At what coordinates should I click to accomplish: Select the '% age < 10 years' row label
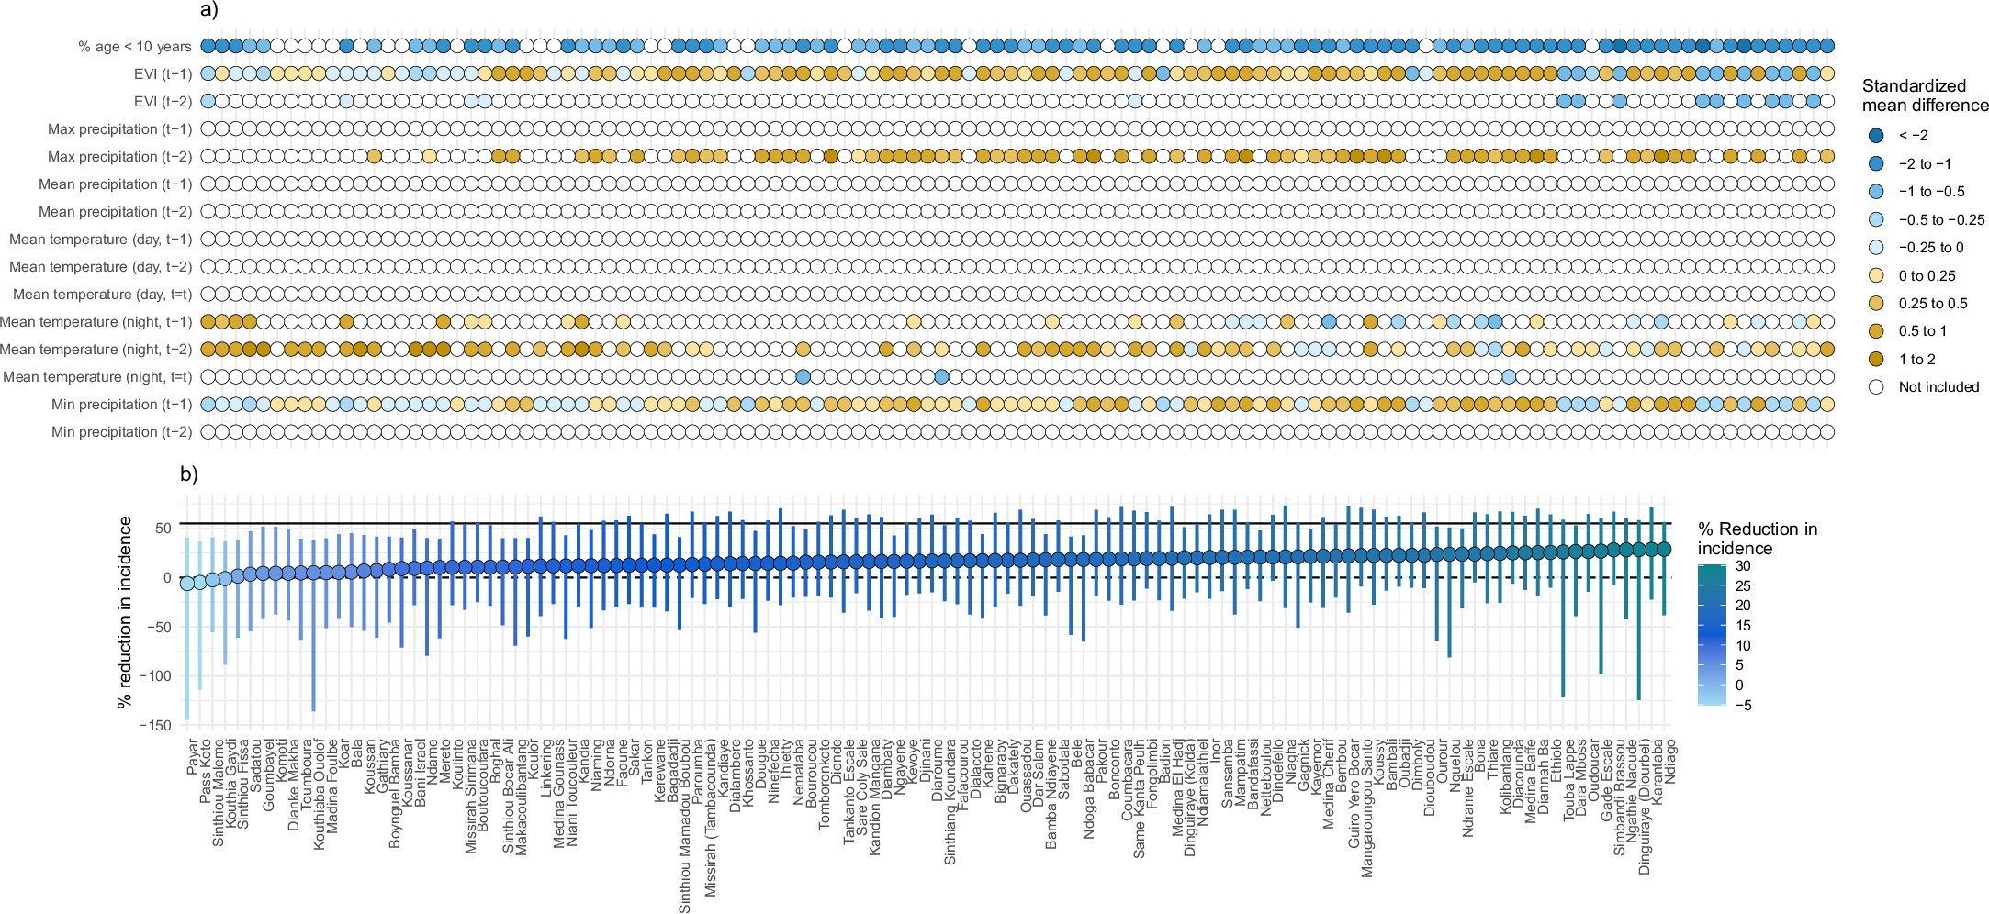135,46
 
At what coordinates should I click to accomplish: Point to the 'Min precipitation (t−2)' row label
121,431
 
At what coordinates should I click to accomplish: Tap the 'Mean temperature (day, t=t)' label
102,294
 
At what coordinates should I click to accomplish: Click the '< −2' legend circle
1876,136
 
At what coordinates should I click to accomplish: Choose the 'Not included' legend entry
1938,386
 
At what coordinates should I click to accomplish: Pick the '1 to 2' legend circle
1876,359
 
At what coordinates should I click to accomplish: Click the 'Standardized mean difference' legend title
1925,95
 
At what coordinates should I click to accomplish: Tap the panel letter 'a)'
208,11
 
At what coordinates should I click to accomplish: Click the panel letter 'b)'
188,474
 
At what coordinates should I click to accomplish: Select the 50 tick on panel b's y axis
163,528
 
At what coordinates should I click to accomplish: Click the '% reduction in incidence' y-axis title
126,611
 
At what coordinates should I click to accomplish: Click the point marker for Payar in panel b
187,583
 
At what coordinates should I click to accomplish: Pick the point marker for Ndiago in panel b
1664,549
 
